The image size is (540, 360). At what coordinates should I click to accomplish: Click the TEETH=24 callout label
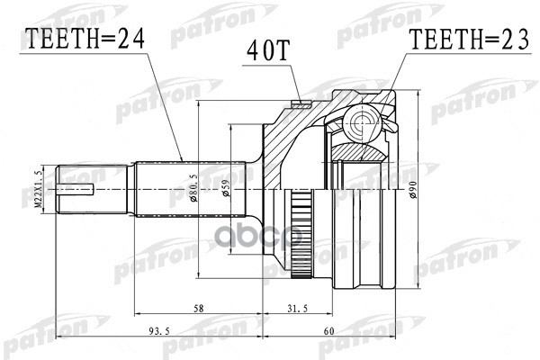click(x=85, y=39)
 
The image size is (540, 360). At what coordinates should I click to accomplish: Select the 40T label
click(x=267, y=50)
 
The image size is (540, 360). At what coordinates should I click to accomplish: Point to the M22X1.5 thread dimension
click(x=39, y=190)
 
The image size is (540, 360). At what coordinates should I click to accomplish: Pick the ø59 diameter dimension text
click(x=226, y=189)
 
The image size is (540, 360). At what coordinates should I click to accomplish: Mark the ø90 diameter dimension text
click(x=414, y=190)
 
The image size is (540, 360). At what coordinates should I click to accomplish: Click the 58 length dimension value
click(x=199, y=308)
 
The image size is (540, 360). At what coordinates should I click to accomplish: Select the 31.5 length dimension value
click(x=298, y=308)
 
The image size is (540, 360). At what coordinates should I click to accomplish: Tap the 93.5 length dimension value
click(x=159, y=331)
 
